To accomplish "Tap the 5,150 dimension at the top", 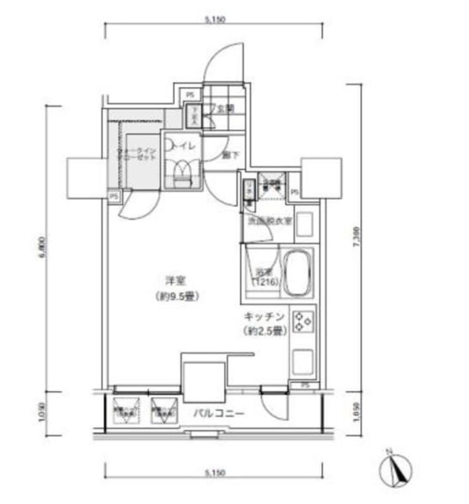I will pyautogui.click(x=215, y=20).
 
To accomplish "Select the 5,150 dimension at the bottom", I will pyautogui.click(x=215, y=473).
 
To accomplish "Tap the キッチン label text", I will pyautogui.click(x=264, y=317).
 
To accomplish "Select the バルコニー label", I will pyautogui.click(x=218, y=413).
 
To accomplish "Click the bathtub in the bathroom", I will pyautogui.click(x=298, y=271).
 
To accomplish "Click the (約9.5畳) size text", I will pyautogui.click(x=175, y=296).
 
